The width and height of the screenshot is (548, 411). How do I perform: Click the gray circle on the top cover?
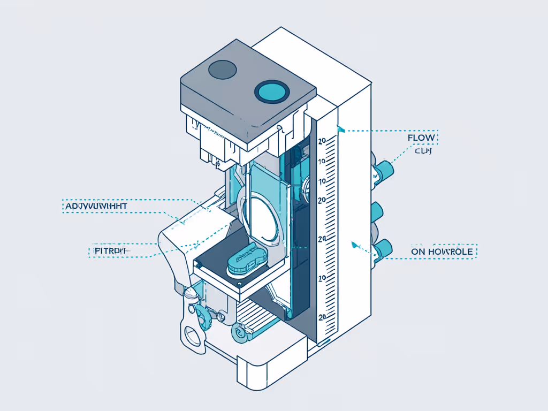(222, 68)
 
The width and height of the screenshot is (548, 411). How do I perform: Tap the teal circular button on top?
(271, 92)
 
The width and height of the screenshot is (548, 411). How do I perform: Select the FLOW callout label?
(422, 138)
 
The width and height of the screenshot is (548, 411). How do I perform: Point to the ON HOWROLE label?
(442, 251)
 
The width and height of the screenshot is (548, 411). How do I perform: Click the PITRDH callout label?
(108, 250)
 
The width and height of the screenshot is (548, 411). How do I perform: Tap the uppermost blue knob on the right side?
(384, 170)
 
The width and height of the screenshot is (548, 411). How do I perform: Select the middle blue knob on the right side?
(378, 212)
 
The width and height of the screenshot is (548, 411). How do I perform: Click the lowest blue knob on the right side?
(383, 249)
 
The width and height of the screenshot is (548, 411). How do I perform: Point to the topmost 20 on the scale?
(322, 141)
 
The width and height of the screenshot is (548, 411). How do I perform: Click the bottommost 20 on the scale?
(322, 317)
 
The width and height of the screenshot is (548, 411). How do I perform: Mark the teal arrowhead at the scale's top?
(339, 128)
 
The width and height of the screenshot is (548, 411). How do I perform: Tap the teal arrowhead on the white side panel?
(353, 245)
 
